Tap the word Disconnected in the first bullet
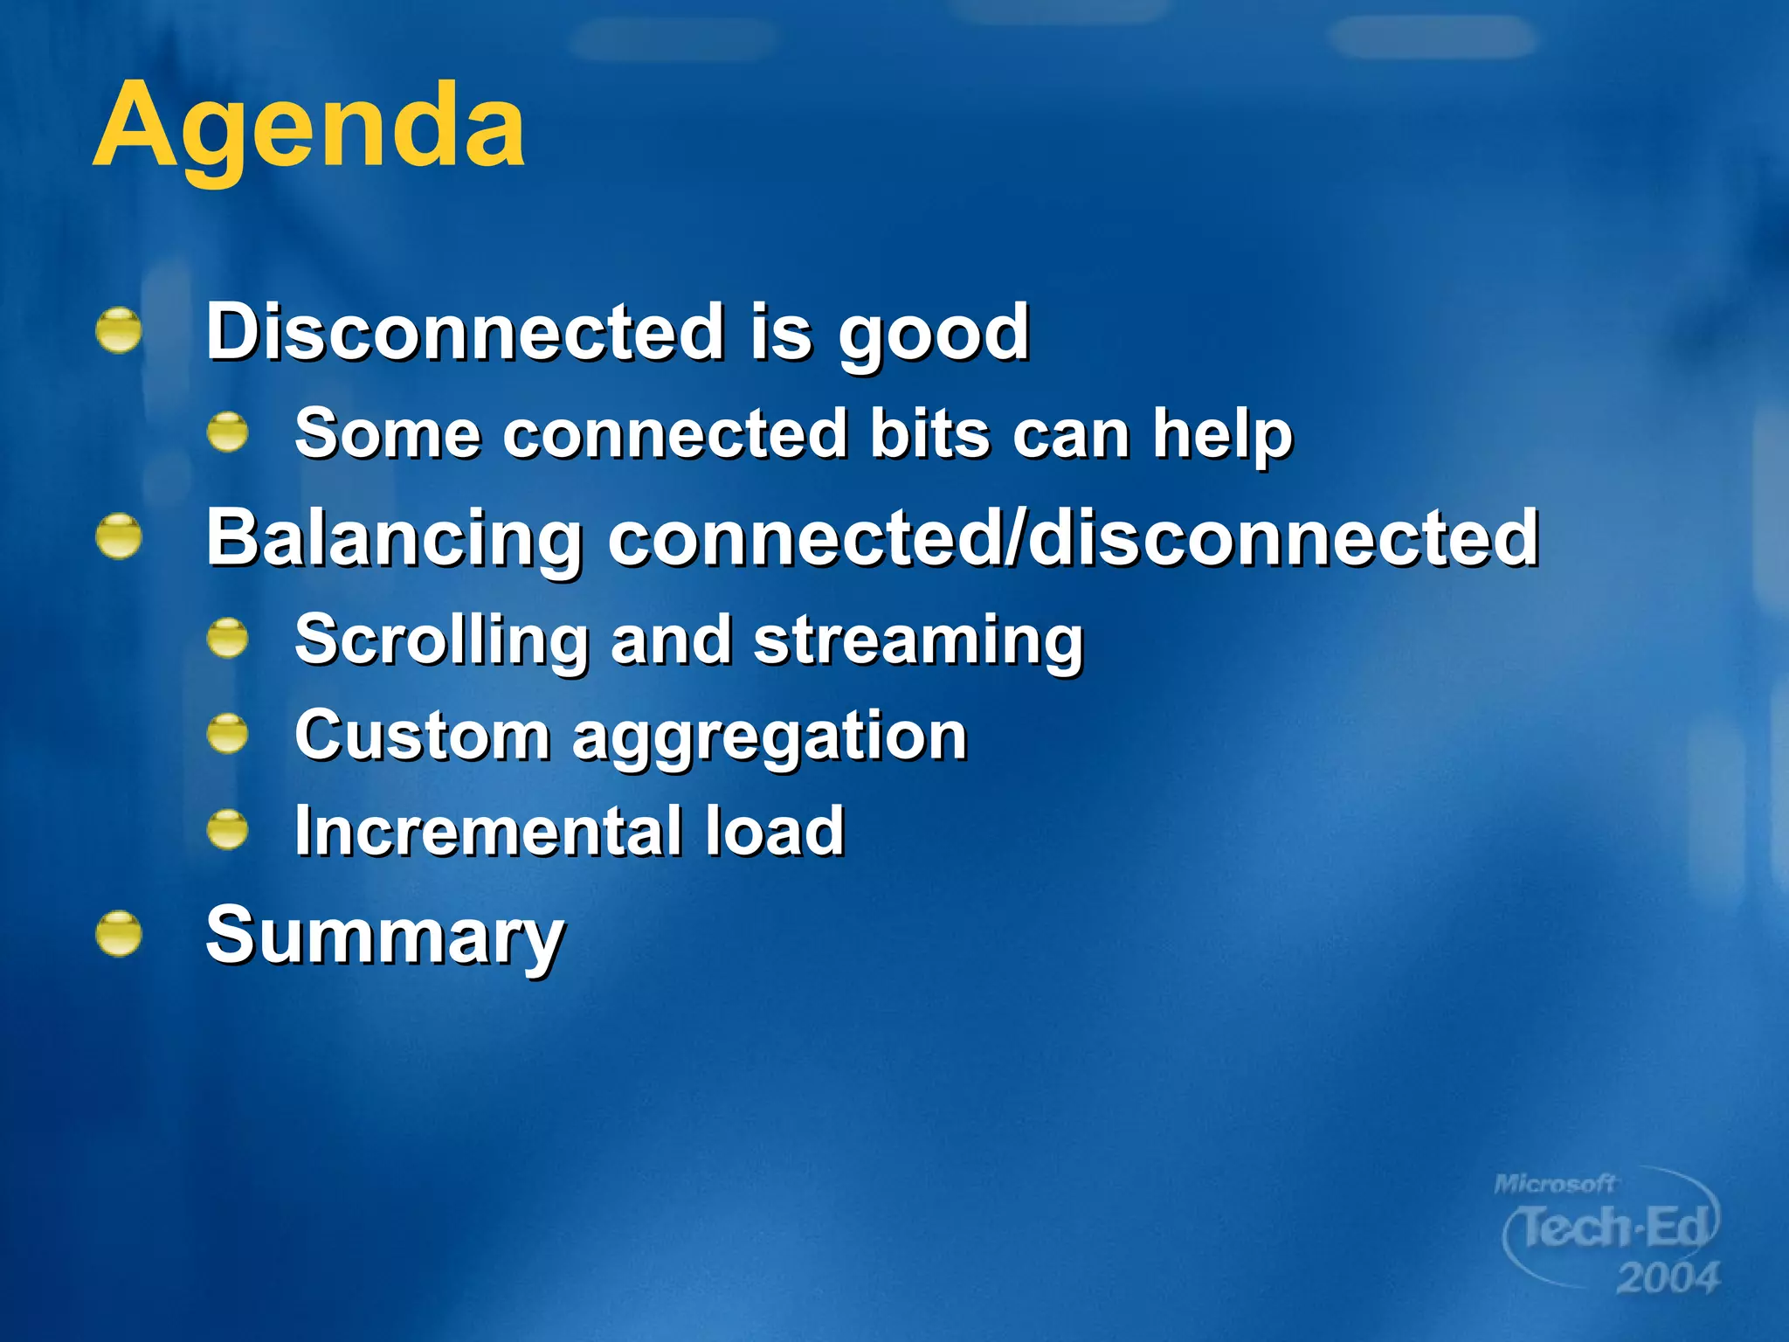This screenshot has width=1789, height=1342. tap(464, 332)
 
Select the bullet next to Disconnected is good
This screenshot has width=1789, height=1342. tap(119, 331)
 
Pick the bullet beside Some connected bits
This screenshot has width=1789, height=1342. tap(228, 432)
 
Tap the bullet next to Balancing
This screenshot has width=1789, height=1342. tap(119, 536)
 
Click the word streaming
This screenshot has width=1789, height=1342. tap(917, 642)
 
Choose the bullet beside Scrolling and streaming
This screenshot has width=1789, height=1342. tap(228, 638)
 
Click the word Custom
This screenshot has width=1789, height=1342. tap(422, 736)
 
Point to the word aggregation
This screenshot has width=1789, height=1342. tap(770, 739)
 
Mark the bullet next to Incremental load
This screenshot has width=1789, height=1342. tap(228, 829)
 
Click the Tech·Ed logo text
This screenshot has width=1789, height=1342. tap(1612, 1228)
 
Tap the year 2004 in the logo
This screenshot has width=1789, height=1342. tap(1667, 1278)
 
